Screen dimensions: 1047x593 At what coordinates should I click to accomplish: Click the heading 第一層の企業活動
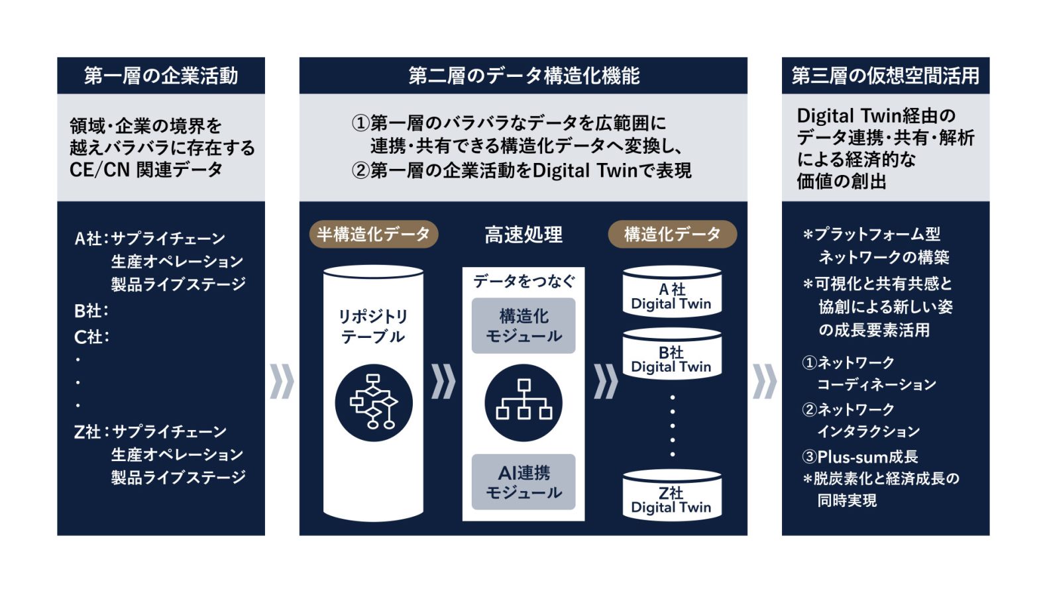[161, 76]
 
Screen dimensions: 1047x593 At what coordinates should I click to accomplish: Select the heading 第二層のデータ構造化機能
[523, 76]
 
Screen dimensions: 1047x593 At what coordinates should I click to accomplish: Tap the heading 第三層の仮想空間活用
[885, 76]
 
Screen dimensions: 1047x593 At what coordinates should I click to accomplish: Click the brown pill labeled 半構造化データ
[374, 234]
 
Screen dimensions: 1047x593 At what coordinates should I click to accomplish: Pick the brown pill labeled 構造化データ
[672, 234]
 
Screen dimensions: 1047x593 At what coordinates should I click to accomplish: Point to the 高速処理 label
[523, 235]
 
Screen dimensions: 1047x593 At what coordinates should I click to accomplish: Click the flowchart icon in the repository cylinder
[374, 403]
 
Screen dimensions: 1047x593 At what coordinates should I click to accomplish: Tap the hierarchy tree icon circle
[523, 403]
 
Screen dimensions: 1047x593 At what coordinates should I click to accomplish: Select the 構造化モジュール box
[523, 326]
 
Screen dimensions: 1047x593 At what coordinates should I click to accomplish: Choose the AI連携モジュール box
[523, 482]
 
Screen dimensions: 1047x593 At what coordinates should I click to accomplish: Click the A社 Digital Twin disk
[672, 292]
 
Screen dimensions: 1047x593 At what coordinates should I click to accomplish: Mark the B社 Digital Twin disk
[672, 354]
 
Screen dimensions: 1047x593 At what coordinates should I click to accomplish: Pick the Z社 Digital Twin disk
[672, 495]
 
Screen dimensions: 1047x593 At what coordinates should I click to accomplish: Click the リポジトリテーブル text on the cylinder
[373, 326]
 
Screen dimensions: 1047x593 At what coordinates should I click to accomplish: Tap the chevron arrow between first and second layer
[282, 382]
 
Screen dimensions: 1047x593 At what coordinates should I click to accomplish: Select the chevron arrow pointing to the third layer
[765, 382]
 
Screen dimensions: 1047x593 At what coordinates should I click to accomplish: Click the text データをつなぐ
[523, 282]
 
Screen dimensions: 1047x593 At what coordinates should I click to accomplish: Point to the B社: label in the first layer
[91, 311]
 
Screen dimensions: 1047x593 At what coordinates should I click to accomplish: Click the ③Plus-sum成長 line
[859, 457]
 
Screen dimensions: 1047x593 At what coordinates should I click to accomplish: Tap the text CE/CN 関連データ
[146, 170]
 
